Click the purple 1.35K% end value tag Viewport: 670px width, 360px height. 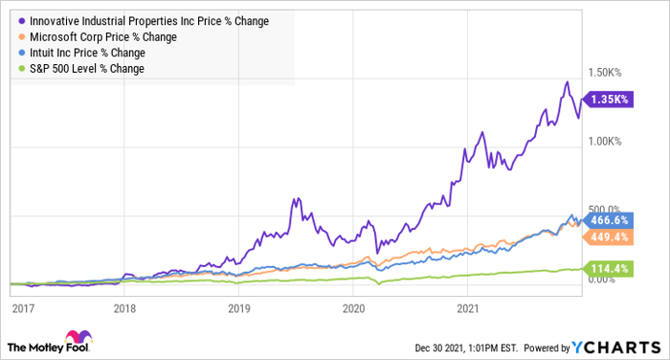[609, 100]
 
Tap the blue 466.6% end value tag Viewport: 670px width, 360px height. [609, 220]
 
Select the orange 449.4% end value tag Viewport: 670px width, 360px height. [609, 236]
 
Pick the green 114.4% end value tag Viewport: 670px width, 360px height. [609, 269]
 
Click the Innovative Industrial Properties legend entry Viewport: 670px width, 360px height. [144, 21]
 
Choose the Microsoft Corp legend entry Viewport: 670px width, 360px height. [98, 37]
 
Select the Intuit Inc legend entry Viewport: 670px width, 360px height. [82, 53]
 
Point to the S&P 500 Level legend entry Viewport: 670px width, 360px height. [81, 69]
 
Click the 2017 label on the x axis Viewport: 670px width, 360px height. [23, 308]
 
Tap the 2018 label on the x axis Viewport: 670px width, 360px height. [124, 308]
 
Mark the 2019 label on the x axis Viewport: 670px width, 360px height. [239, 308]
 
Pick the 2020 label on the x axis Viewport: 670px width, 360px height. [353, 308]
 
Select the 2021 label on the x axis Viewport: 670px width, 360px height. [468, 308]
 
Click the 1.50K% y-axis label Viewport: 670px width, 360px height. [605, 72]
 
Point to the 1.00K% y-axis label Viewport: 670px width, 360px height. [605, 142]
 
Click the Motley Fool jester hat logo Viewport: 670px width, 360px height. [78, 336]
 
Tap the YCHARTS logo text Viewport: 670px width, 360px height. [616, 348]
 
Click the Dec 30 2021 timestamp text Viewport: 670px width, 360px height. [466, 348]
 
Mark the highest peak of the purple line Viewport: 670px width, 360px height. [567, 81]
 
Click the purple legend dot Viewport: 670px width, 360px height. [22, 21]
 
